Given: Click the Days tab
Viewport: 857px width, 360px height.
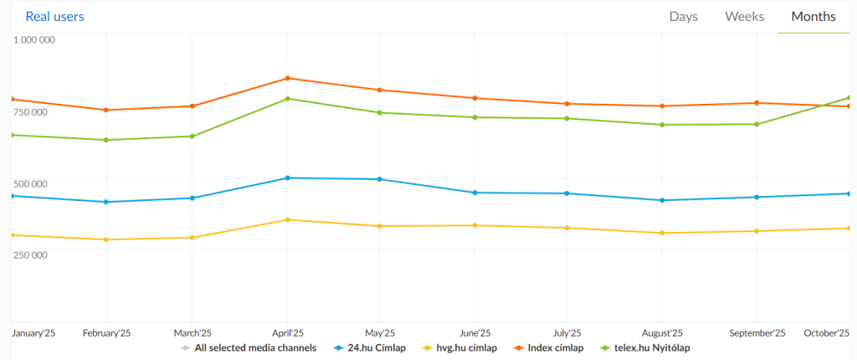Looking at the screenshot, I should (684, 17).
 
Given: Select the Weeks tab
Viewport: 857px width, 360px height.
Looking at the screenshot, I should (744, 17).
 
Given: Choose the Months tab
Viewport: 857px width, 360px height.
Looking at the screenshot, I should (813, 17).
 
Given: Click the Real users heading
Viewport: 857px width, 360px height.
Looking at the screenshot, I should (54, 16).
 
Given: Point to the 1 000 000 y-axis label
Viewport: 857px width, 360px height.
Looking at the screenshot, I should (34, 39).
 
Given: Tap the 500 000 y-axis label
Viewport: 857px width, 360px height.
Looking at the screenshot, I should (30, 183).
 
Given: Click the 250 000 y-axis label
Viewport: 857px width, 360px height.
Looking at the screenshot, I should (30, 255).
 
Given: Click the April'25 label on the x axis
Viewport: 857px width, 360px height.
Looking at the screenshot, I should (288, 332).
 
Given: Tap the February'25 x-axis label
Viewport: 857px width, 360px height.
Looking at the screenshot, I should (106, 332).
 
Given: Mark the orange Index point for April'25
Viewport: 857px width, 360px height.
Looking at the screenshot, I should (288, 78).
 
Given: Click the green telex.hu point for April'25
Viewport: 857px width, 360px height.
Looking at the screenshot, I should (288, 99).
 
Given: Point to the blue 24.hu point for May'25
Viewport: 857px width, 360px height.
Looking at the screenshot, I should (380, 179).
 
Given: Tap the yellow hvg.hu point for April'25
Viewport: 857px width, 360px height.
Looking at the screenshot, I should (288, 219).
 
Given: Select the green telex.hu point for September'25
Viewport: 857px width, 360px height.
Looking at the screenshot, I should (757, 124).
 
